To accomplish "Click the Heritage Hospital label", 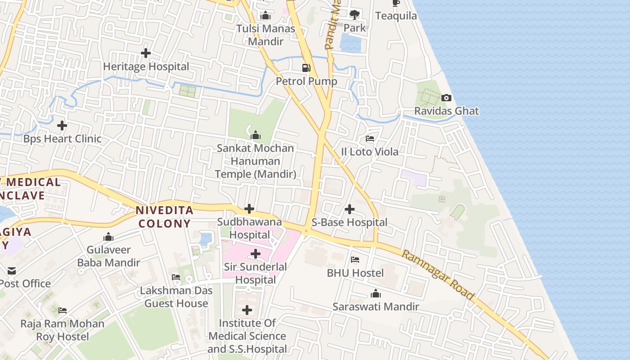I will (146, 67).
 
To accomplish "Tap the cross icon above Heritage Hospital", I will (146, 53).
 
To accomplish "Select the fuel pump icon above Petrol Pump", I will (306, 68).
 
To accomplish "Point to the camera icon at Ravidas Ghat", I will (446, 98).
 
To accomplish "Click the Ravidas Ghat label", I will (446, 111).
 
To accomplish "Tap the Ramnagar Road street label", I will (437, 275).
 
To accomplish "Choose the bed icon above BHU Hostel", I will (355, 260).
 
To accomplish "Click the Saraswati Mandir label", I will (376, 307).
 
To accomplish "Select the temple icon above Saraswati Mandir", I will (376, 294).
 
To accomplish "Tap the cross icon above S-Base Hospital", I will (350, 209).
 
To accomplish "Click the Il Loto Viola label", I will (370, 152).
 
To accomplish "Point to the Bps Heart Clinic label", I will (63, 139).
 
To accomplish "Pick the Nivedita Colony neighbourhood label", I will (164, 216).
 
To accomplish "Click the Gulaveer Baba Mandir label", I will (108, 256).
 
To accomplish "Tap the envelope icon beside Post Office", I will (12, 270).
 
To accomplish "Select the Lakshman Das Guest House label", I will (176, 297).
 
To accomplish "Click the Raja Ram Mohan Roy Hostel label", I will (63, 330).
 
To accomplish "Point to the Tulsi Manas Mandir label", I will (266, 35).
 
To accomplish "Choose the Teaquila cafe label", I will (396, 16).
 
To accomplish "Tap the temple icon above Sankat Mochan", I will (256, 135).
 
